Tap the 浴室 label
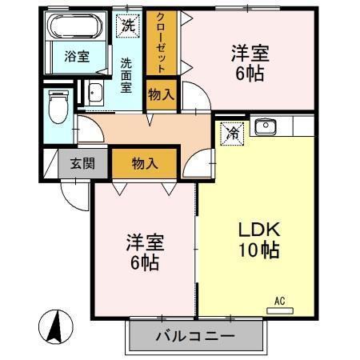[x=78, y=58]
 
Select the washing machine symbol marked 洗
[x=128, y=25]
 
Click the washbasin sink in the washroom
[x=94, y=93]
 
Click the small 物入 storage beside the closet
[x=161, y=94]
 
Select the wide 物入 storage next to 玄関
[x=145, y=163]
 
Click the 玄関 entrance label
[x=82, y=163]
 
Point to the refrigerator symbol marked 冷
[x=231, y=131]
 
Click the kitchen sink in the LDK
[x=265, y=126]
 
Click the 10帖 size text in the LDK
[x=258, y=250]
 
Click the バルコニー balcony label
[x=195, y=336]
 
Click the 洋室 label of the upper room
[x=250, y=54]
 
